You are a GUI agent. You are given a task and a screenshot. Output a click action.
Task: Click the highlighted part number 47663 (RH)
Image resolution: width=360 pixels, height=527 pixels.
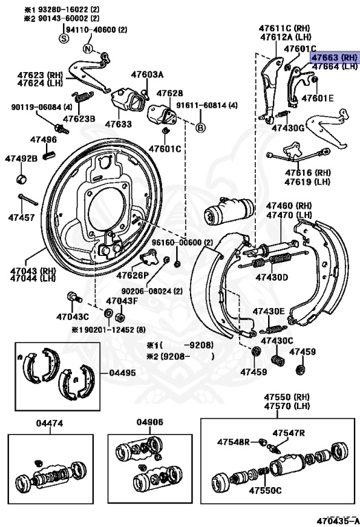(x=335, y=58)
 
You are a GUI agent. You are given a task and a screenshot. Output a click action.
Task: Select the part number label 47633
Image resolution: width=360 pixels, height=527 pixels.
(x=118, y=124)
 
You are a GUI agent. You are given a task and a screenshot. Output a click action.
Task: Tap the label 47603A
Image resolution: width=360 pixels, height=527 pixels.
(x=147, y=74)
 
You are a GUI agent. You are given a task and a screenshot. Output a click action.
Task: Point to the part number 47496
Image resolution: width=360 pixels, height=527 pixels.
(x=43, y=140)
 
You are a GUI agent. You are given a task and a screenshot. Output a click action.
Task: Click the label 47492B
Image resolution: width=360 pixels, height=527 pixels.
(x=21, y=159)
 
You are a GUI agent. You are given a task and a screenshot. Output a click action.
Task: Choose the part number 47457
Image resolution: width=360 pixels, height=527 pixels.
(x=21, y=218)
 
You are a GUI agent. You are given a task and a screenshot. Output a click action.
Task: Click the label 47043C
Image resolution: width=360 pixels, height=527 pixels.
(x=73, y=316)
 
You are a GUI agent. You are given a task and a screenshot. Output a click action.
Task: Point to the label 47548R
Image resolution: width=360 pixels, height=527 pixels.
(x=233, y=441)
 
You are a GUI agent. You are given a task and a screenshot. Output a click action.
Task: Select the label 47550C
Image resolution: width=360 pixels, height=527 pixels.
(x=265, y=491)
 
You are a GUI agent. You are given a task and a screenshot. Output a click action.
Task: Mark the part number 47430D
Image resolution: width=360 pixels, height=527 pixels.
(x=272, y=277)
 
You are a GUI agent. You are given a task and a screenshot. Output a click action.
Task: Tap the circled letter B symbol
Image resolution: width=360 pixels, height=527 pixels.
(x=200, y=128)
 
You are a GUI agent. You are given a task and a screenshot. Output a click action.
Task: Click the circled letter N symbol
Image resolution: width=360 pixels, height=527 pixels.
(x=88, y=48)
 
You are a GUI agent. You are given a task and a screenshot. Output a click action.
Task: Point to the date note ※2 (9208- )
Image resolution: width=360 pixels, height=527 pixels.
(x=180, y=356)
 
